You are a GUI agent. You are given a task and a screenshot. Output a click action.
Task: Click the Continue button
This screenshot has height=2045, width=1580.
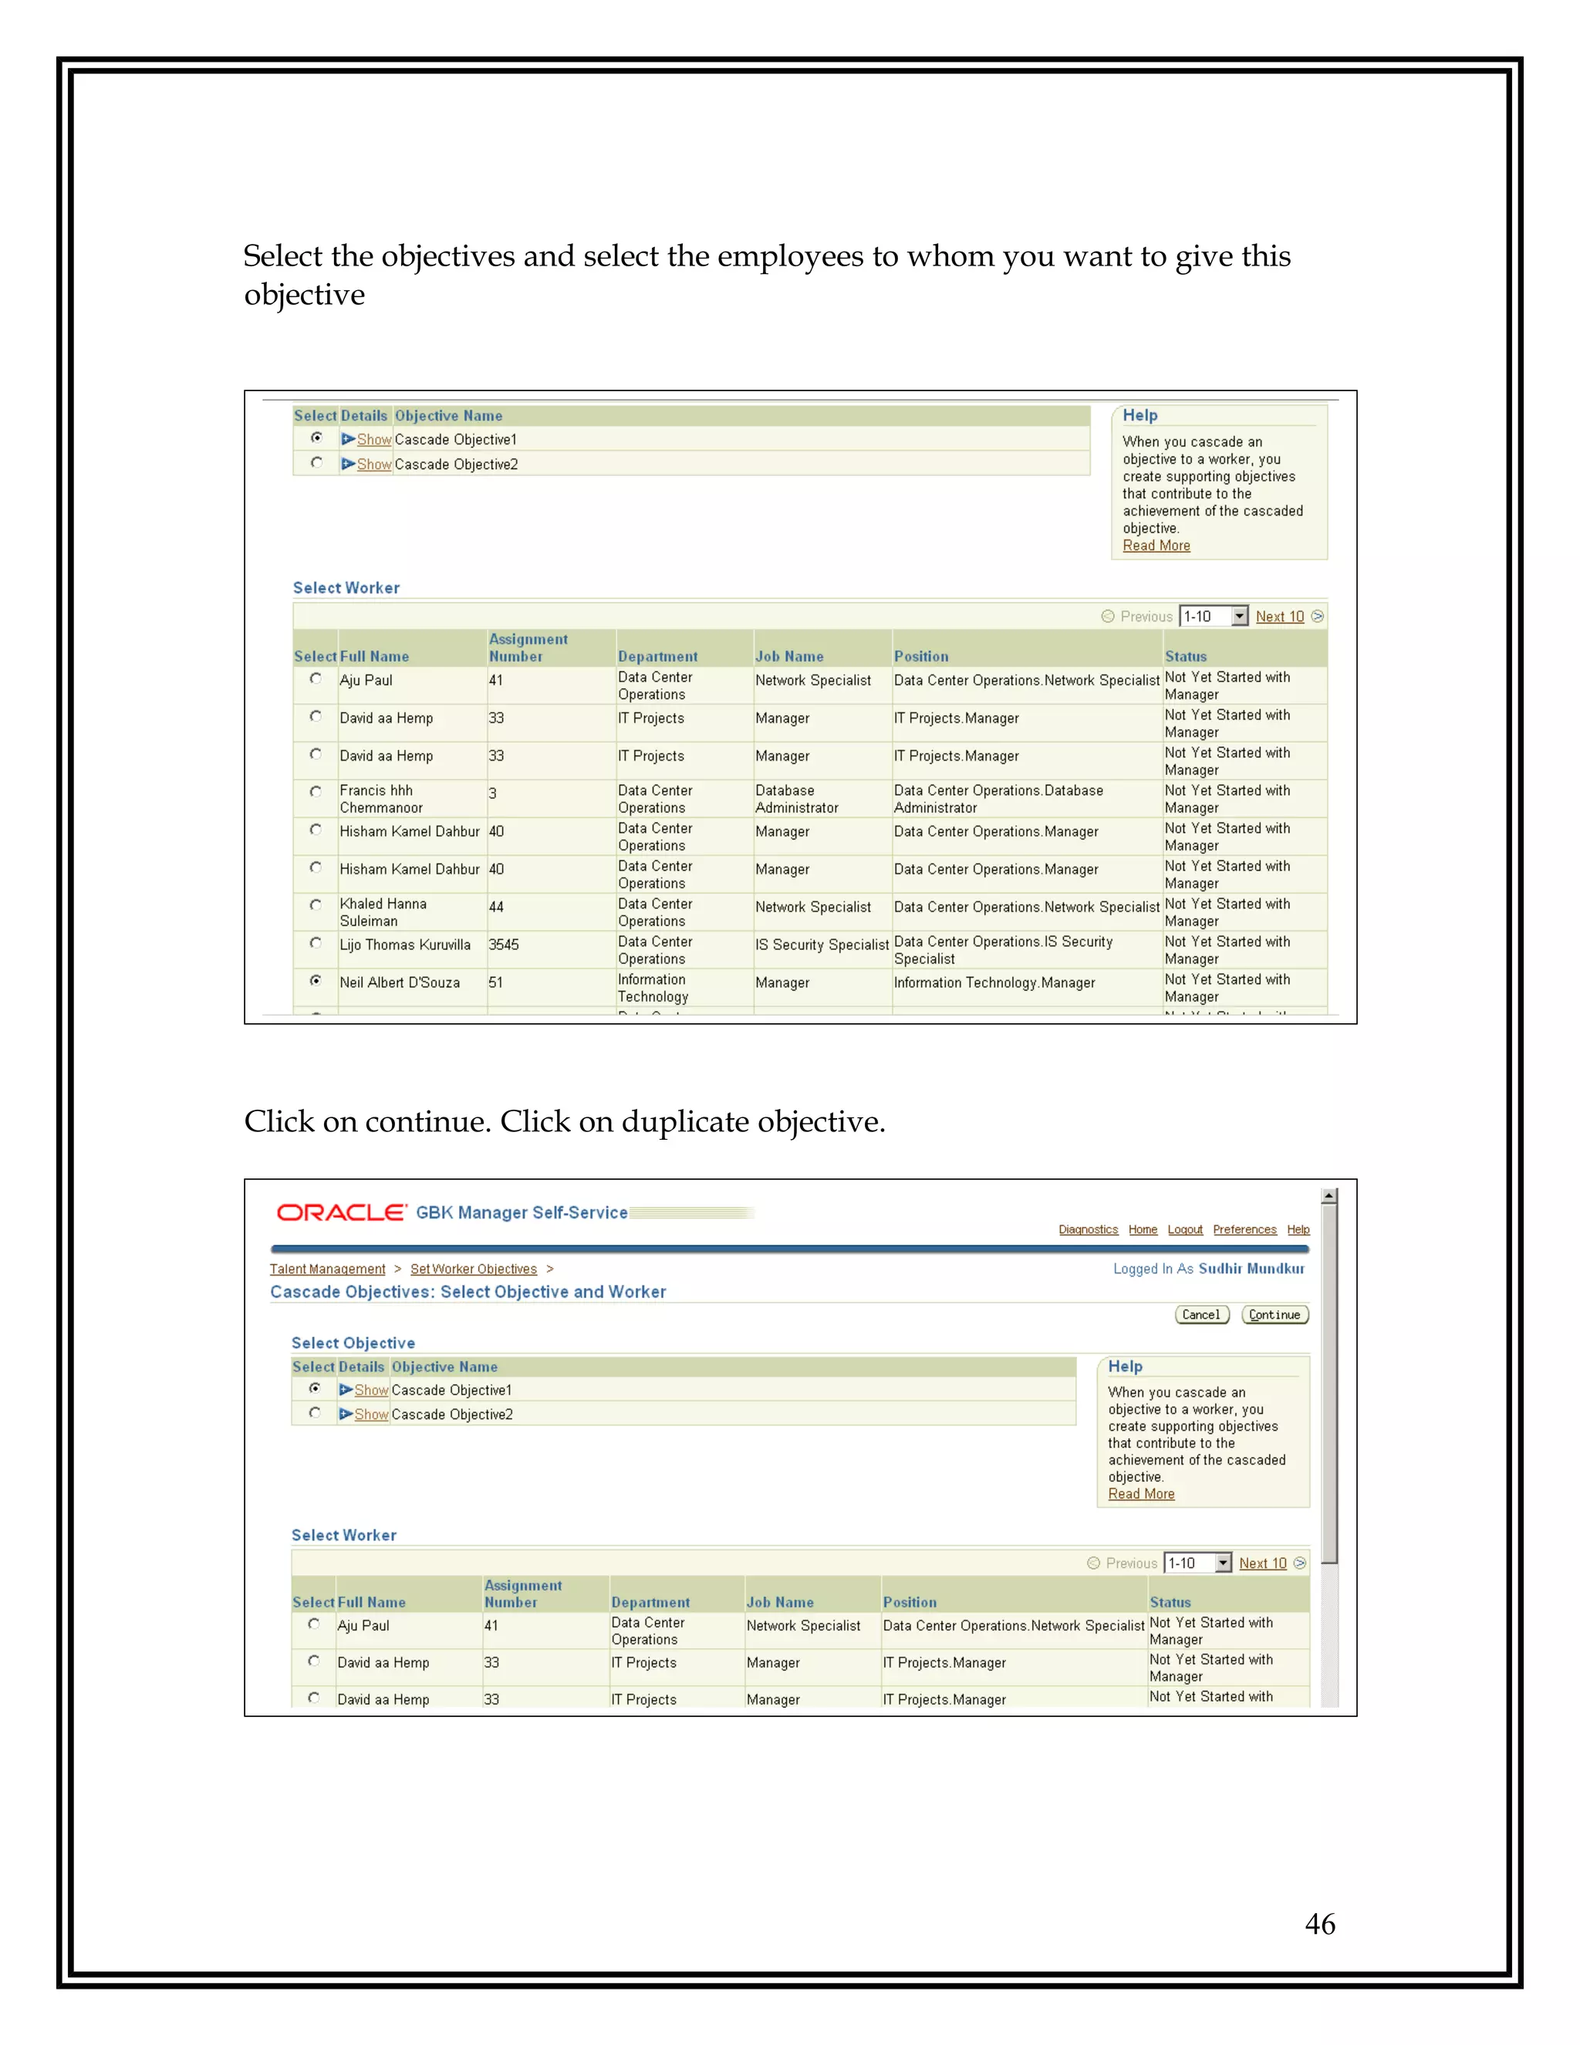pos(1274,1315)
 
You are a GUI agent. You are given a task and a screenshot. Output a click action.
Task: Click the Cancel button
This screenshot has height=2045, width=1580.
pos(1201,1315)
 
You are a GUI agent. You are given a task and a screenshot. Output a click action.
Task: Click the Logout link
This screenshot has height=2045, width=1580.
pos(1184,1229)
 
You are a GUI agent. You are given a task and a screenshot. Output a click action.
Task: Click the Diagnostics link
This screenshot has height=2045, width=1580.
pos(1088,1229)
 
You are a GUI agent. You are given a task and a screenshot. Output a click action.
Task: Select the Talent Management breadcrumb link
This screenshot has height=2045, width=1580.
pos(328,1269)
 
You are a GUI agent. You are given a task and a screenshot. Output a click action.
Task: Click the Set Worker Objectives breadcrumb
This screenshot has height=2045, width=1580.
pos(474,1269)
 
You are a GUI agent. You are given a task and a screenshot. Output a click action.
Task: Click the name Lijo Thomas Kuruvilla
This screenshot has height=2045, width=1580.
pos(405,945)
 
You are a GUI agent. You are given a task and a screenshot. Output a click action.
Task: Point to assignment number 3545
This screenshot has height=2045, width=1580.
pos(504,945)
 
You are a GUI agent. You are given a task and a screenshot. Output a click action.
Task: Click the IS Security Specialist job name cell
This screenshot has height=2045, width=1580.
pos(822,945)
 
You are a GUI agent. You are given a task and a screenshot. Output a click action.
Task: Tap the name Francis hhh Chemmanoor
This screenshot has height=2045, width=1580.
pos(381,799)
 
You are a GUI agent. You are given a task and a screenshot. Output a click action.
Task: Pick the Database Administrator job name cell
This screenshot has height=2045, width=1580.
pos(796,799)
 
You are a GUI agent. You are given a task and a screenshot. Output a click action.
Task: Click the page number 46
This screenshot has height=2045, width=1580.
pos(1320,1923)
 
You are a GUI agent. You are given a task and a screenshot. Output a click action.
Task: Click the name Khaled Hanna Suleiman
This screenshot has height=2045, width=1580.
pos(383,912)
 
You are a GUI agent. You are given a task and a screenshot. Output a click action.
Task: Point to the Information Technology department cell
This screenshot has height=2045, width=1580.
pos(653,988)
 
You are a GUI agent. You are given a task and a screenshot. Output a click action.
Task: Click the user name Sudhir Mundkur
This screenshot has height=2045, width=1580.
pos(1251,1269)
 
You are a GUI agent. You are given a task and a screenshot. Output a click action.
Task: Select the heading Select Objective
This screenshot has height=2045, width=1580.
pos(353,1343)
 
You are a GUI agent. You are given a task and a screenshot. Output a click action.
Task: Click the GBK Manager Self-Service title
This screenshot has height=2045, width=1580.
pos(522,1212)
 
